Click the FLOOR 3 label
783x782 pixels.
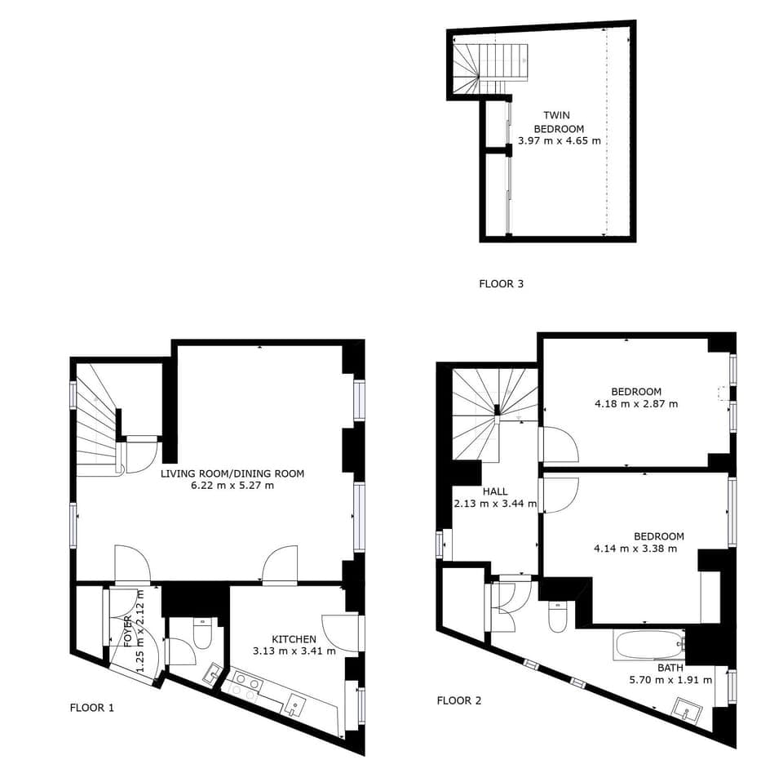point(501,284)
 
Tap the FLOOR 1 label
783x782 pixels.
point(91,708)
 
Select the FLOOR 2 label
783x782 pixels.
point(459,700)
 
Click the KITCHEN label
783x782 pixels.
point(294,638)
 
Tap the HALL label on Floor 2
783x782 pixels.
point(494,491)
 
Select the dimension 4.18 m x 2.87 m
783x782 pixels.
point(636,403)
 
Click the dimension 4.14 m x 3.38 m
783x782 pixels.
point(635,549)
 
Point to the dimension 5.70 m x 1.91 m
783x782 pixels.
point(670,679)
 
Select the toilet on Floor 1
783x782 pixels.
point(202,632)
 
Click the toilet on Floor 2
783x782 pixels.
point(559,618)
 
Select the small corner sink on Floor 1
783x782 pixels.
point(212,673)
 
